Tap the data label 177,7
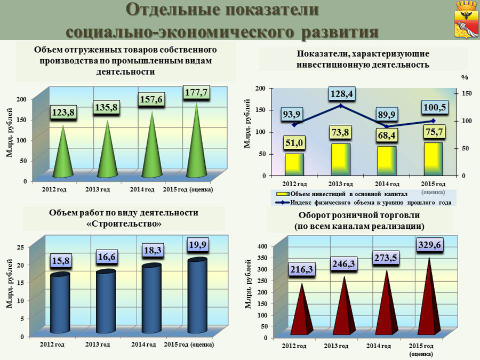pyautogui.click(x=196, y=92)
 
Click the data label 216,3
pyautogui.click(x=302, y=270)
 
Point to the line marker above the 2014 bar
pyautogui.click(x=386, y=127)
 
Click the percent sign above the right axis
pyautogui.click(x=464, y=78)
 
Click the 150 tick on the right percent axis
pyautogui.click(x=467, y=94)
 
